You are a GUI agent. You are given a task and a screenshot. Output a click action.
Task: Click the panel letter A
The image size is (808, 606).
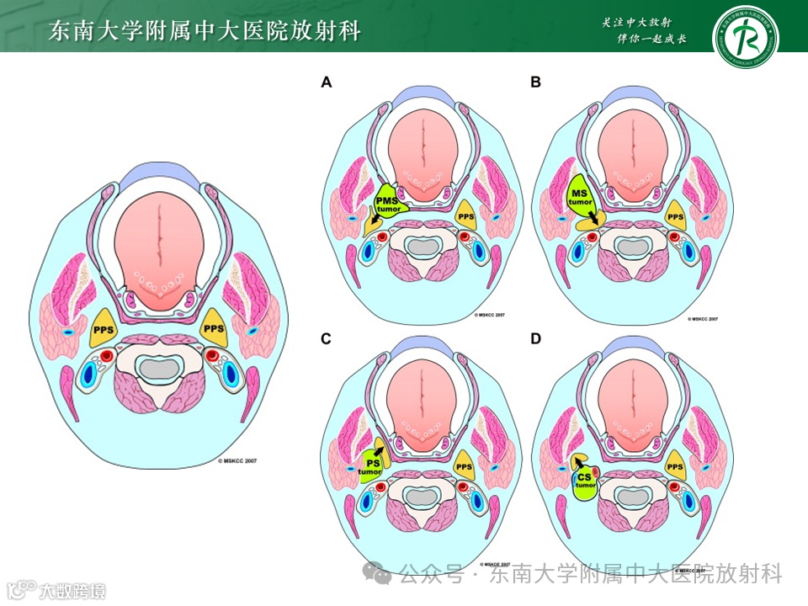327,82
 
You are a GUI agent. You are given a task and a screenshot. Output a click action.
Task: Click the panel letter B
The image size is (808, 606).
535,82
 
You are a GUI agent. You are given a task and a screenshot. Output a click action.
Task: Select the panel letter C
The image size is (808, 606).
327,339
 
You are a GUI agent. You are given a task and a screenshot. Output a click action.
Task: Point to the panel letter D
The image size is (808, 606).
535,339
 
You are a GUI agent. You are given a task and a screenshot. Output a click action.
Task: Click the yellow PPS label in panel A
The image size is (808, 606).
465,215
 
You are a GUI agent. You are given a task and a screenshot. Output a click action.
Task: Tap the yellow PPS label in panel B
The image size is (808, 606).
675,216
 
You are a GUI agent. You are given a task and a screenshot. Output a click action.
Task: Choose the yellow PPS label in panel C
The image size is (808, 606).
464,467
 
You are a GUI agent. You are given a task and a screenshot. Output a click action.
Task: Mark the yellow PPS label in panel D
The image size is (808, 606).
674,467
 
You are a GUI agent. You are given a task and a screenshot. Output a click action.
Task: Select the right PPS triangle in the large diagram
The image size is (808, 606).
215,327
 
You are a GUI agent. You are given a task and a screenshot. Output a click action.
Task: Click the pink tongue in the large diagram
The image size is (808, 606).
159,244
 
